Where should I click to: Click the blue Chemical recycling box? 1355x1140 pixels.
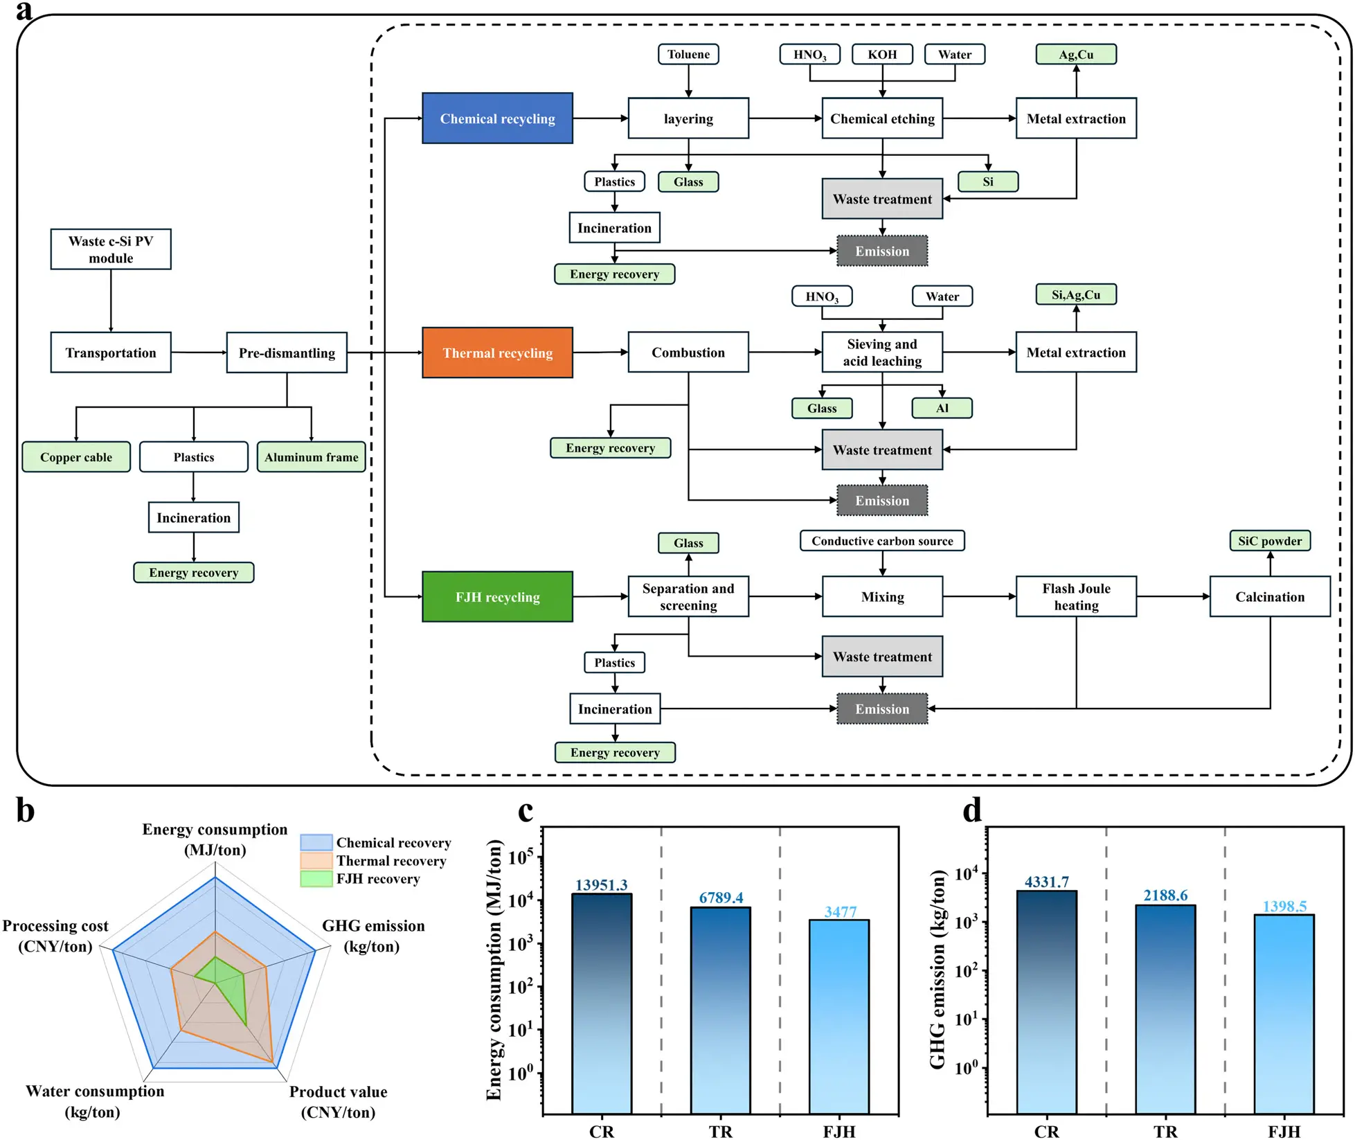[497, 118]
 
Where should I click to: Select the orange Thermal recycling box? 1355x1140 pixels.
[497, 353]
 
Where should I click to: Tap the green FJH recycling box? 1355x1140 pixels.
[497, 596]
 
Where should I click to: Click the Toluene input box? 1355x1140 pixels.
[688, 54]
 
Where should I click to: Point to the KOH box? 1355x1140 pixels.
[882, 54]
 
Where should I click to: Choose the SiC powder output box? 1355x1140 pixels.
[1270, 540]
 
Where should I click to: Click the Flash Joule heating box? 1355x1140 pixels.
[1076, 596]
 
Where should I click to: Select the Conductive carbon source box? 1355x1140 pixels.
[882, 540]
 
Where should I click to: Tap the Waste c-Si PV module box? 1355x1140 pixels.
[111, 249]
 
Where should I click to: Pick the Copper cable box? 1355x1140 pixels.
[76, 457]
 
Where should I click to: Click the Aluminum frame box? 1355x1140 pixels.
[311, 457]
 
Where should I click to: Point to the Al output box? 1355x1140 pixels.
[942, 408]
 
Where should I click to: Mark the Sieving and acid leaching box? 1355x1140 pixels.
[882, 353]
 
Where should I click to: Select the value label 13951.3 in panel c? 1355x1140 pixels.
[601, 884]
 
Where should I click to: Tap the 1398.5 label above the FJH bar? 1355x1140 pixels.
[1284, 906]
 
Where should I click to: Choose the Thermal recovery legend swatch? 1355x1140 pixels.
[316, 861]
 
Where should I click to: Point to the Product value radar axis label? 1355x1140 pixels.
[338, 1101]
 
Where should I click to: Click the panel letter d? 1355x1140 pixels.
[972, 810]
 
